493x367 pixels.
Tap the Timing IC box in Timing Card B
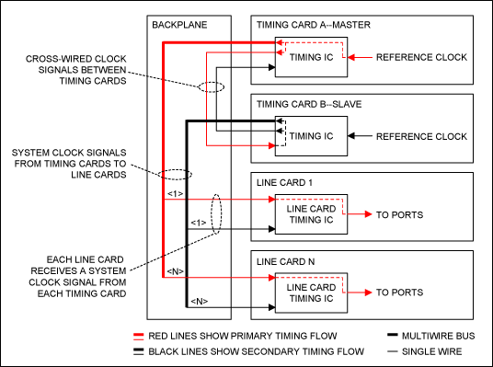(311, 136)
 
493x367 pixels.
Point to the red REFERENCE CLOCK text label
(424, 58)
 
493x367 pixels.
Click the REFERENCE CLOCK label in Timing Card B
(424, 137)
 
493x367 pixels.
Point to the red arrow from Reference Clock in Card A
(362, 58)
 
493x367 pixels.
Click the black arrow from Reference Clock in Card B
(362, 137)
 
